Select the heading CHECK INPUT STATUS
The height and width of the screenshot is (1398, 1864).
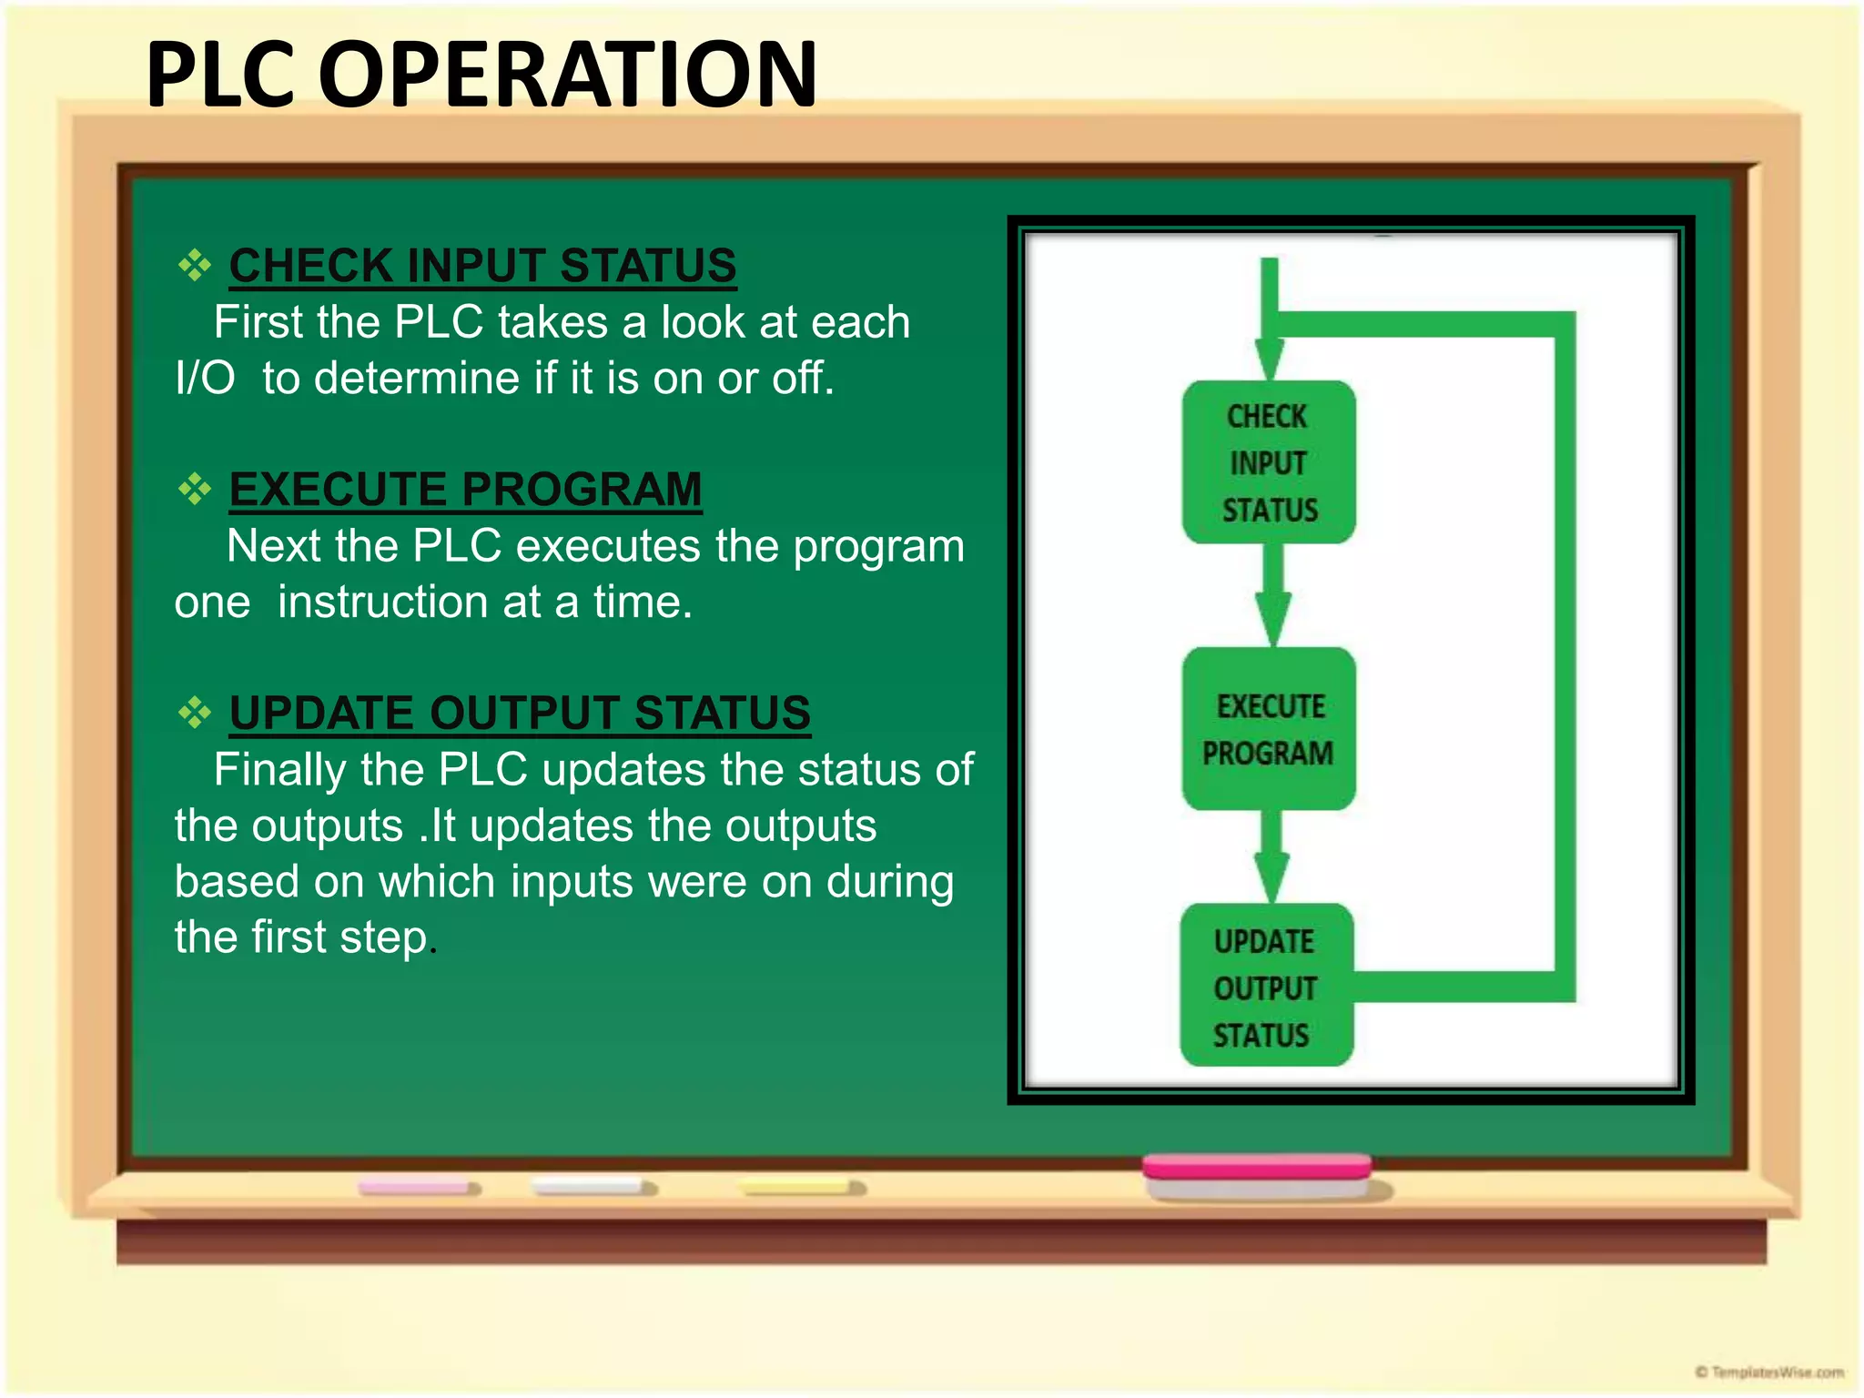tap(482, 266)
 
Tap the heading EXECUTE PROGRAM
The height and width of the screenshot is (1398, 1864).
tap(465, 489)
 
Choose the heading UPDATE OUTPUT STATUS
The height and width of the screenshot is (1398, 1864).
tap(519, 713)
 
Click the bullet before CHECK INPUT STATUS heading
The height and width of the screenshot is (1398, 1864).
tap(194, 266)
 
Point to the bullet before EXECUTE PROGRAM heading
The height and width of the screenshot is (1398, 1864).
tap(194, 489)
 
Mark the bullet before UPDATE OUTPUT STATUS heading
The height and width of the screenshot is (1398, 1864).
tap(194, 713)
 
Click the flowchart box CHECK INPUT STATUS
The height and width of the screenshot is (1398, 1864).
tap(1269, 462)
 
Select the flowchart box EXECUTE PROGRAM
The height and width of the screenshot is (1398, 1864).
tap(1269, 729)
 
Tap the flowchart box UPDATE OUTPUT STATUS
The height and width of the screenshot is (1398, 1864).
tap(1266, 986)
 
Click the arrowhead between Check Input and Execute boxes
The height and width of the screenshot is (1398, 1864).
tap(1272, 617)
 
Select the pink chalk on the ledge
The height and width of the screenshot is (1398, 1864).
tap(418, 1188)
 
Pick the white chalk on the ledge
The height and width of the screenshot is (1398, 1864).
tap(593, 1187)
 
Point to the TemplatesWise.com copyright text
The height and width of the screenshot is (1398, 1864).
tap(1769, 1372)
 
